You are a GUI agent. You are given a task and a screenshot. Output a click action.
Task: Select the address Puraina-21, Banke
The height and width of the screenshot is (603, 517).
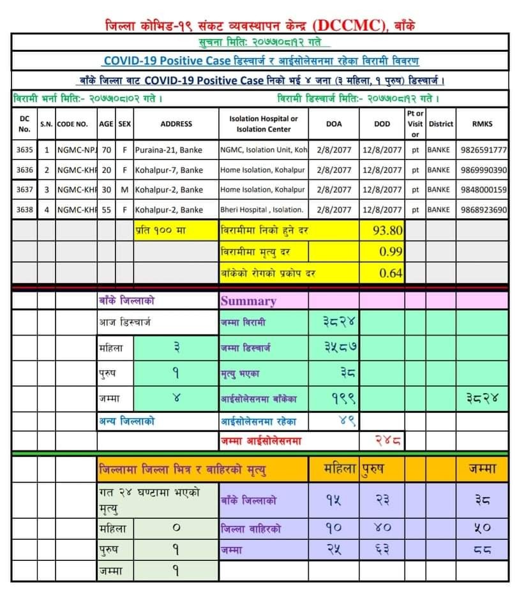[x=169, y=150]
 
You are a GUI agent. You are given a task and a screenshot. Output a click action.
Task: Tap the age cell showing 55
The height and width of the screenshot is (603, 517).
[x=107, y=209]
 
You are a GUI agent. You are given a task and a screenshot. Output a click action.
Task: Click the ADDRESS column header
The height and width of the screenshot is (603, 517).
[x=176, y=124]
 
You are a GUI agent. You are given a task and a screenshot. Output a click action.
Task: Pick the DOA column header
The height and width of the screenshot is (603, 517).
[x=334, y=124]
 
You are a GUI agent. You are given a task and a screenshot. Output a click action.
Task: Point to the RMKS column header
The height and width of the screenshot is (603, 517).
[x=483, y=124]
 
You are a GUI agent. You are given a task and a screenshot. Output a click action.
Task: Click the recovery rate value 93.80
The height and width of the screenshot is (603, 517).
[x=387, y=230]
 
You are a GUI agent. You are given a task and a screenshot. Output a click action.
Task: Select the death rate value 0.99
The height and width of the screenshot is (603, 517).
[x=391, y=251]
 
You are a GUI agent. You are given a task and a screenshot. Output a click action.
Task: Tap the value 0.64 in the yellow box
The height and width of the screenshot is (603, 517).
[x=391, y=273]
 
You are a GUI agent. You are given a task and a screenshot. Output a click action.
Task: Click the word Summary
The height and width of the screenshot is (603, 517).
[x=248, y=301]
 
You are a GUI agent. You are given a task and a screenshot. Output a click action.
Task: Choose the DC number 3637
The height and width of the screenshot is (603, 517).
[x=24, y=190]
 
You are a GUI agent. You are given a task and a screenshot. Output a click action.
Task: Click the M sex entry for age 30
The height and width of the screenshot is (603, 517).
[x=124, y=190]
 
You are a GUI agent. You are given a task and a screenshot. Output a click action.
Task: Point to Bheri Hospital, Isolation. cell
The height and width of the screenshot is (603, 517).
[x=262, y=209]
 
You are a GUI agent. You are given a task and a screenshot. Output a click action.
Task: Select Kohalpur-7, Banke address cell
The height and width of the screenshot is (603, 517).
[x=169, y=170]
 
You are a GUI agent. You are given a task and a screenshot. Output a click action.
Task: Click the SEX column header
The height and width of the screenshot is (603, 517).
[x=124, y=124]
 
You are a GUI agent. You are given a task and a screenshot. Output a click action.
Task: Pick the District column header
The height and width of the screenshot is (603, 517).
[x=441, y=124]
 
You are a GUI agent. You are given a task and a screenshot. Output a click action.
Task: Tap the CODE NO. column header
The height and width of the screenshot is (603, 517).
[x=72, y=124]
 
